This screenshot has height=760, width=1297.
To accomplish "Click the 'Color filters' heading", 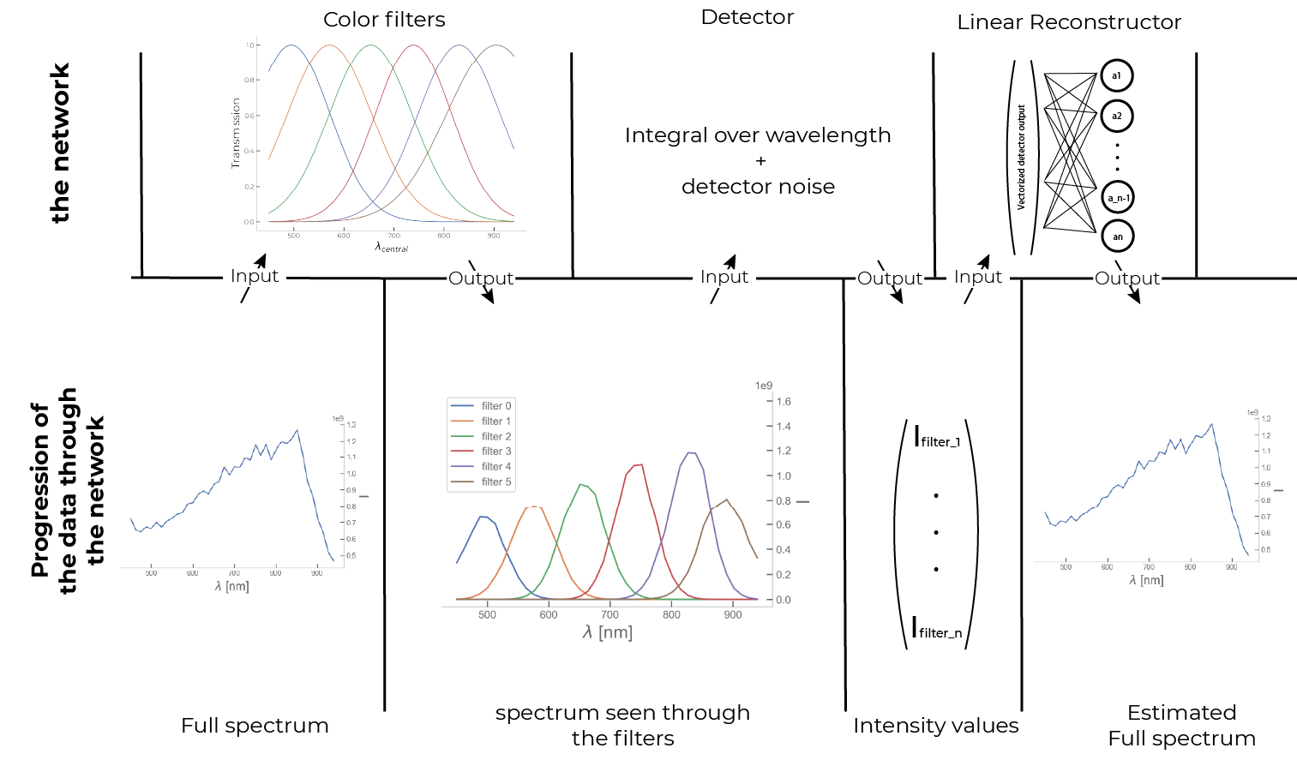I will click(x=384, y=20).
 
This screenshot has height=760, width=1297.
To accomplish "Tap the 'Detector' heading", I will click(x=747, y=17).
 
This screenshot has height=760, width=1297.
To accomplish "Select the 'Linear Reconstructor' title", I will click(x=1068, y=22).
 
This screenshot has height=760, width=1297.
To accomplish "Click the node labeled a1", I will click(x=1116, y=75).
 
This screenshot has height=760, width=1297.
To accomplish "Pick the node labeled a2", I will click(x=1116, y=116).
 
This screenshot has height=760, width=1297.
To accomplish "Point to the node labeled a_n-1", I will click(x=1117, y=198).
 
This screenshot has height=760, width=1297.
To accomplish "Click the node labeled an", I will click(x=1117, y=236).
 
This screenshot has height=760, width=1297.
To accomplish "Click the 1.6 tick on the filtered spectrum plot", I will click(x=784, y=402).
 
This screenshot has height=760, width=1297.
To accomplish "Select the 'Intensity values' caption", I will click(x=935, y=726).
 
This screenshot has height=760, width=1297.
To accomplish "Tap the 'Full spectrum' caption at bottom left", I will click(x=255, y=726).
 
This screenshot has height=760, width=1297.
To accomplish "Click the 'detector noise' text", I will click(x=758, y=187).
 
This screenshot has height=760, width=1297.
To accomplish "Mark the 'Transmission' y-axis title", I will click(x=237, y=132).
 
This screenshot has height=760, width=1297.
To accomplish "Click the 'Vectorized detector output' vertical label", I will click(x=1020, y=158).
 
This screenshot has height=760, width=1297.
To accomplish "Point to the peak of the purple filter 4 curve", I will click(x=691, y=452).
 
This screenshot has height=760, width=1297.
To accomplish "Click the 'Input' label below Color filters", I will click(x=254, y=276).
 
